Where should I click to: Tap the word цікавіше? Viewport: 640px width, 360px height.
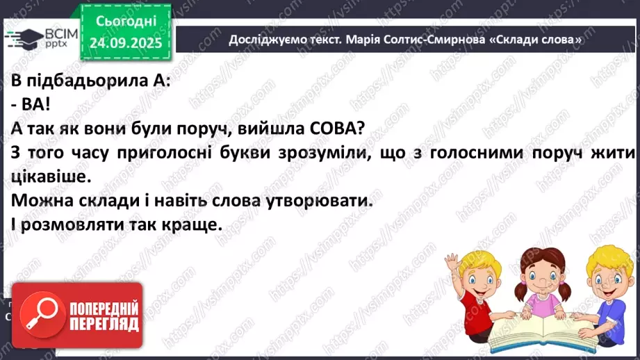pos(51,177)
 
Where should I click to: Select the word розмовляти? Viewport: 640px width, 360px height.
pos(69,225)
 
